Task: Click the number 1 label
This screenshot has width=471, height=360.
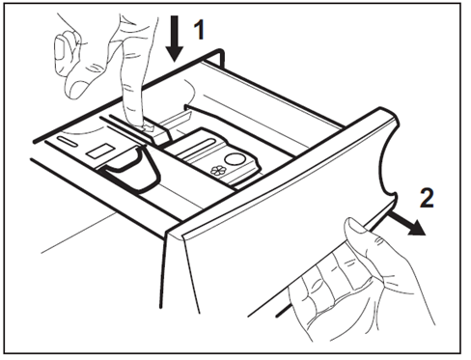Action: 200,30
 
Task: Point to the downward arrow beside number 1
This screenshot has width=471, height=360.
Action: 175,39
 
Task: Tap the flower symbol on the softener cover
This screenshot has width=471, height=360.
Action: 218,170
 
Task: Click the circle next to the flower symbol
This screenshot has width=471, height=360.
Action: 235,159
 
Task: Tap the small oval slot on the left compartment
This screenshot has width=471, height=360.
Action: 68,141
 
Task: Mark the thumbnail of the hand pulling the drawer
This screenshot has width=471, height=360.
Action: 356,225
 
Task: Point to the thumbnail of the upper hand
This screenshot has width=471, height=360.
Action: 61,48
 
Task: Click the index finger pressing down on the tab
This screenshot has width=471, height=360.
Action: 131,74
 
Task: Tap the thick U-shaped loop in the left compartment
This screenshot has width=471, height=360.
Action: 134,167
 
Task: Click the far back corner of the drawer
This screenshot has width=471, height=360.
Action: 221,51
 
